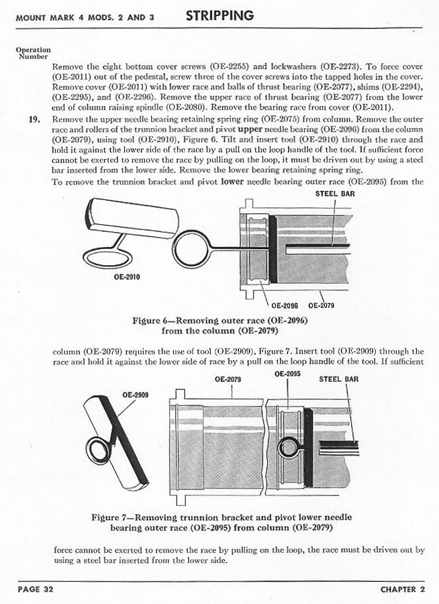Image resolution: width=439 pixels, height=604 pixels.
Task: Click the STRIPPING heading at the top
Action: pos(220,15)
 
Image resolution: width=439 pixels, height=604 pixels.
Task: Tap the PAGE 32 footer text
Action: pos(34,589)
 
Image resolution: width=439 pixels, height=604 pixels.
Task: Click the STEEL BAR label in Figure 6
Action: pos(334,194)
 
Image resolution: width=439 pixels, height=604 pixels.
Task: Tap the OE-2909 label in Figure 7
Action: pos(135,394)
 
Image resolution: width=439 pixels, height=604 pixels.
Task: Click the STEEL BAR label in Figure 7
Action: pos(338,379)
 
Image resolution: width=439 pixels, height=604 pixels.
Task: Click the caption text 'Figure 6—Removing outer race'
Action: pos(220,321)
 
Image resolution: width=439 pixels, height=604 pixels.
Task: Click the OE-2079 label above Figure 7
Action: pos(228,379)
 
